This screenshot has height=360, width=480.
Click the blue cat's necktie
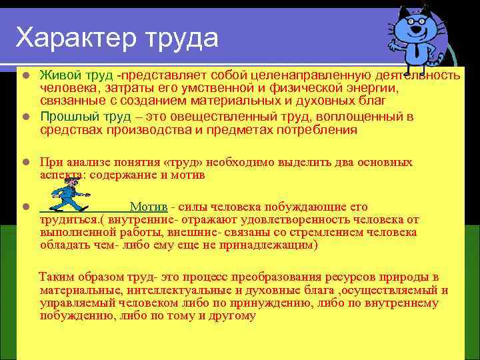point(415,51)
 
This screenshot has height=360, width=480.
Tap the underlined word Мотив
point(149,207)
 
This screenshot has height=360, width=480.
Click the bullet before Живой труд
point(25,73)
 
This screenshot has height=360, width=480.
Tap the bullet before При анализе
point(25,163)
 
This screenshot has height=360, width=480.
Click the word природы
point(403,277)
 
